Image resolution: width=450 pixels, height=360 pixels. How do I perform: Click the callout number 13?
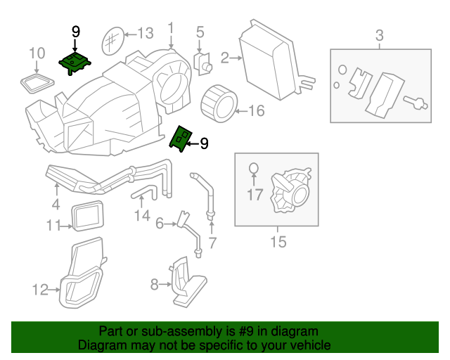[x=144, y=33]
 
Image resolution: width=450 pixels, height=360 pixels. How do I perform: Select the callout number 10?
[x=37, y=53]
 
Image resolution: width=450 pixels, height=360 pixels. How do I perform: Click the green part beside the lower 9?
[x=181, y=139]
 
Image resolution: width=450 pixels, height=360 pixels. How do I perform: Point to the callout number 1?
[x=170, y=28]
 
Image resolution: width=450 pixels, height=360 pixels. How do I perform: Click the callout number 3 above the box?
[x=379, y=34]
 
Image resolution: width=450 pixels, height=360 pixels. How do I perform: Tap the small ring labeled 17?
[x=254, y=169]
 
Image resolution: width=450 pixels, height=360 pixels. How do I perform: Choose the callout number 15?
[x=278, y=243]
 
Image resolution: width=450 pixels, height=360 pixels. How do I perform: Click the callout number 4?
[x=56, y=205]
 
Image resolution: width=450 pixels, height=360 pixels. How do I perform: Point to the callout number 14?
[x=142, y=215]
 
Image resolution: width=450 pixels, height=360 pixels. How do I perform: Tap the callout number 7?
[x=212, y=243]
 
